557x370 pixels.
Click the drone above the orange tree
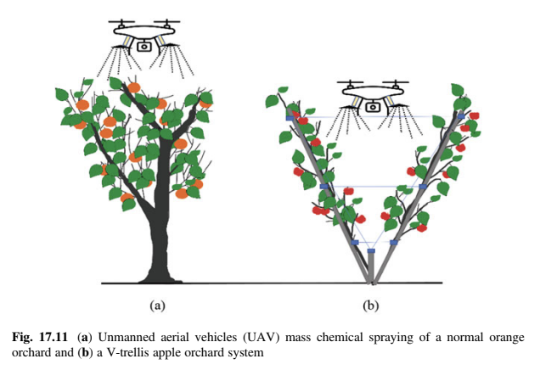[x=143, y=33]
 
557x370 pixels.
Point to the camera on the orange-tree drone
[x=144, y=47]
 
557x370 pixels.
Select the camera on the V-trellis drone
[x=371, y=104]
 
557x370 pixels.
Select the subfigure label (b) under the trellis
[x=371, y=303]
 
